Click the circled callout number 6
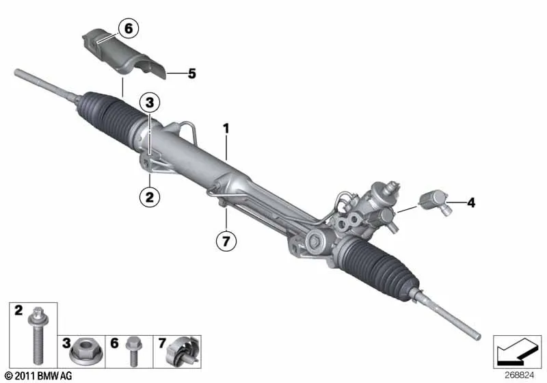point(129,28)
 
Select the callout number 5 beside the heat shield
point(192,74)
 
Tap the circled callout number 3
point(150,103)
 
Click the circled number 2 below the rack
point(149,197)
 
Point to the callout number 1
point(226,129)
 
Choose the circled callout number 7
point(226,241)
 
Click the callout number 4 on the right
point(471,202)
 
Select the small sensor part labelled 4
point(435,202)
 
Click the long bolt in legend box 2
point(38,336)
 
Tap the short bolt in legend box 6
point(133,351)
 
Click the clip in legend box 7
point(183,352)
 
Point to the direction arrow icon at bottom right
point(517,352)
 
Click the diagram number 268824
point(519,375)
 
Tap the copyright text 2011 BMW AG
point(39,376)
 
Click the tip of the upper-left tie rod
point(16,72)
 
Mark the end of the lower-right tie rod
point(478,337)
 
